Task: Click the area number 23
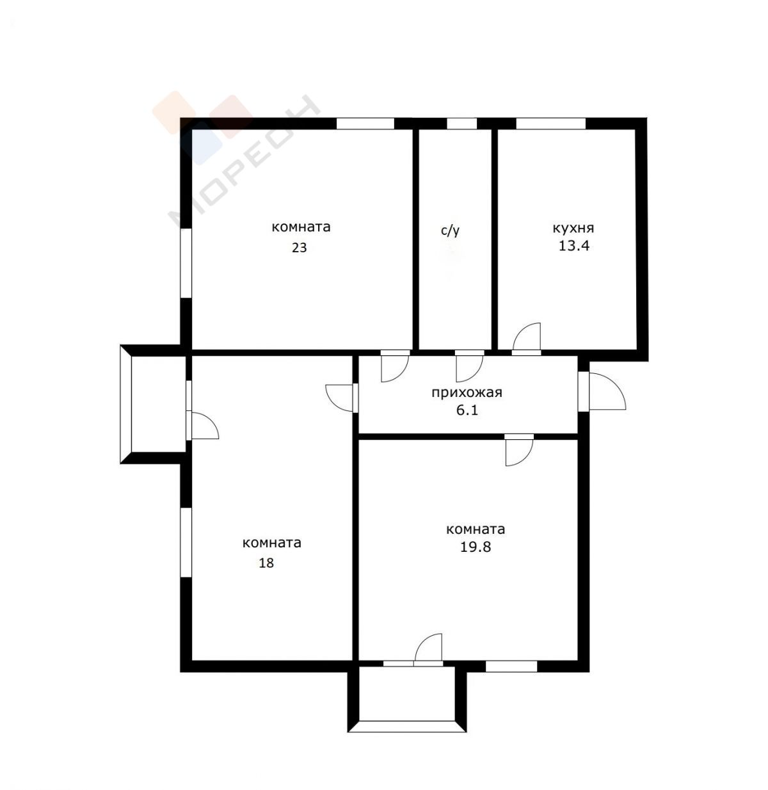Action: [299, 247]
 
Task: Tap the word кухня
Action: [573, 228]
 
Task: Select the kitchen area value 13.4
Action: [574, 246]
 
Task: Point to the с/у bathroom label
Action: [450, 230]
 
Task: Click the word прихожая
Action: [467, 392]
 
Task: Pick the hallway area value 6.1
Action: [467, 410]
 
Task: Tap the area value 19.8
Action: [476, 547]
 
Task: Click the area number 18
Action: [267, 563]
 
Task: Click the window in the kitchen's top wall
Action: [551, 124]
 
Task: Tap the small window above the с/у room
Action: [462, 124]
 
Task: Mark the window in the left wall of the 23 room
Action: [186, 263]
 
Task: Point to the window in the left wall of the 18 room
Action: [186, 542]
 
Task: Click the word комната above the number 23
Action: [301, 227]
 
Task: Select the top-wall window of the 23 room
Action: [365, 124]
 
